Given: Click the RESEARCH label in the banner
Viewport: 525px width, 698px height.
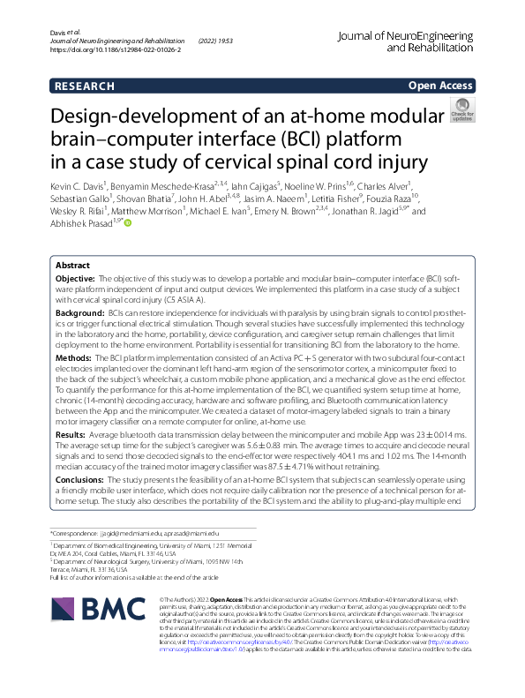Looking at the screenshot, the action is pyautogui.click(x=85, y=86).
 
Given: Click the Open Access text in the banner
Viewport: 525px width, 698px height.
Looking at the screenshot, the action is pyautogui.click(x=441, y=86).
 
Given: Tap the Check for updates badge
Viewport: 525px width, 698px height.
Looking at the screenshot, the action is pyautogui.click(x=461, y=112).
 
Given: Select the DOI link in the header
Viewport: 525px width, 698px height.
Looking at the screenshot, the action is pyautogui.click(x=116, y=51).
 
